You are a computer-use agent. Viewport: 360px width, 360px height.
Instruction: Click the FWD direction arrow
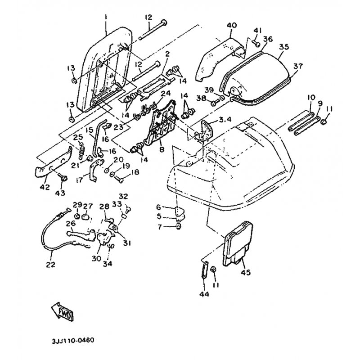point(60,310)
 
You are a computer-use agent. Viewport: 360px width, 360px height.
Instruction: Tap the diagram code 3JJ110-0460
point(74,341)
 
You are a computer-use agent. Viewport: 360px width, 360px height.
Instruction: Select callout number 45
point(246,272)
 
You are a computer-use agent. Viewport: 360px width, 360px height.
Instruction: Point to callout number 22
point(50,265)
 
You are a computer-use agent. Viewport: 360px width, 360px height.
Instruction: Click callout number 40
point(231,25)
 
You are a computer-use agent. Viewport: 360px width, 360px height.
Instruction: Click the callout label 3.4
point(225,120)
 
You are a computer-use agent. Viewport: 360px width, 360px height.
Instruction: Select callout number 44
point(203,295)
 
